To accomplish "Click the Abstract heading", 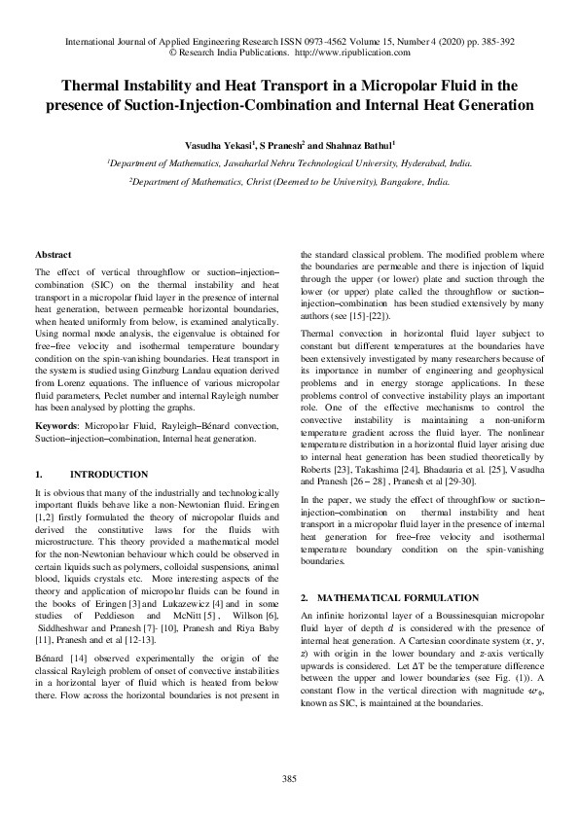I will [x=52, y=254].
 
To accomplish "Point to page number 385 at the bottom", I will [x=289, y=778].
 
